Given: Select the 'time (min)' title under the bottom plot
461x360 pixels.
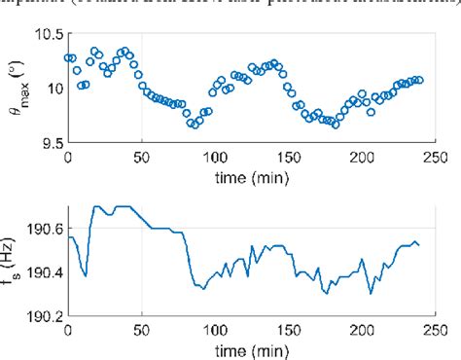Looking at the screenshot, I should pos(251,348).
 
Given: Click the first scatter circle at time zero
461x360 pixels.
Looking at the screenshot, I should pos(68,57).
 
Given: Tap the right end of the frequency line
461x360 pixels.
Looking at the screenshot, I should pos(419,245).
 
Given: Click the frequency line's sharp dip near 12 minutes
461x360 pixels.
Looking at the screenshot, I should pos(86,275).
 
